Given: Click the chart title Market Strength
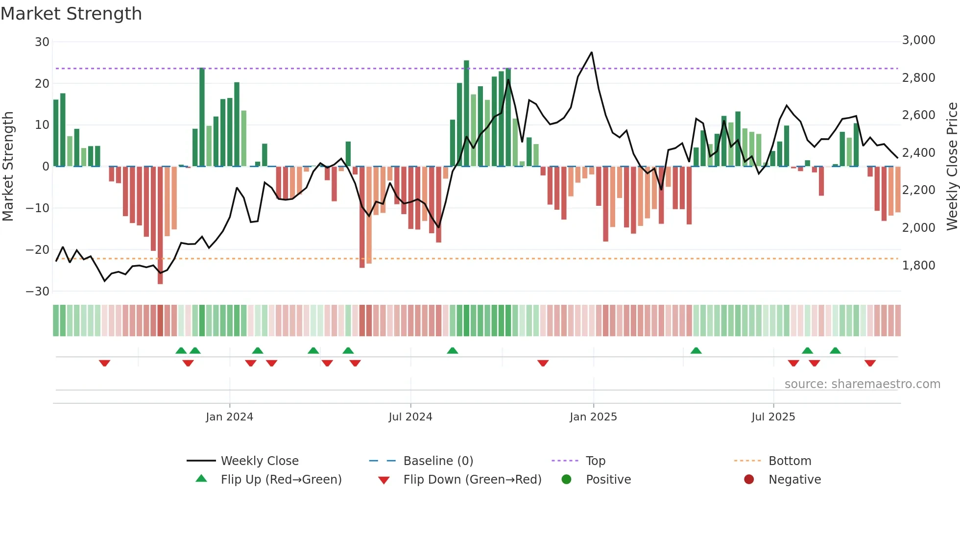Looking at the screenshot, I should coord(71,14).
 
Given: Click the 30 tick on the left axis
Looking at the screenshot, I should coord(42,42).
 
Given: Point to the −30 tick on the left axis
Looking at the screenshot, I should coord(38,292).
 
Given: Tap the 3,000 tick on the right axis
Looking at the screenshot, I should coord(918,40).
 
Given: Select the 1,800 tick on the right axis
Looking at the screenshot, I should coord(918,266).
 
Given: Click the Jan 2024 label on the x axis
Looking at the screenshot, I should coord(229,417).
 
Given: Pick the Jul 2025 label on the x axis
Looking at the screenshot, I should coord(773,417).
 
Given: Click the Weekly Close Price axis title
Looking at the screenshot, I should coord(952,167).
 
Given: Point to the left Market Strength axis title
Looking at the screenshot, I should coord(8,167).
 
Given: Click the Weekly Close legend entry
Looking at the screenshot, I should coord(259,461).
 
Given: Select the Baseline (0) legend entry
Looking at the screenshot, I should coord(438,461).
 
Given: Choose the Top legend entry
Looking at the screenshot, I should coord(595,461).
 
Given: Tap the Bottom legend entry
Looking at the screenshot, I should coord(790,461).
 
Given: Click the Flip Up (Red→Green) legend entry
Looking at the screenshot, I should coord(281,480).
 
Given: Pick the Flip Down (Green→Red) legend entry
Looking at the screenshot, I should coord(472,480).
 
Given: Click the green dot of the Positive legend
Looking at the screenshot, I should coord(566,480).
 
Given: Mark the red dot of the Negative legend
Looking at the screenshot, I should coord(748,480).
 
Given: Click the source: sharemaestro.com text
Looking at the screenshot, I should coord(862,384).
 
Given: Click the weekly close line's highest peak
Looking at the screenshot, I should coord(592,52).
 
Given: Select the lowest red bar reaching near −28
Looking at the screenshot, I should coord(160,279).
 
